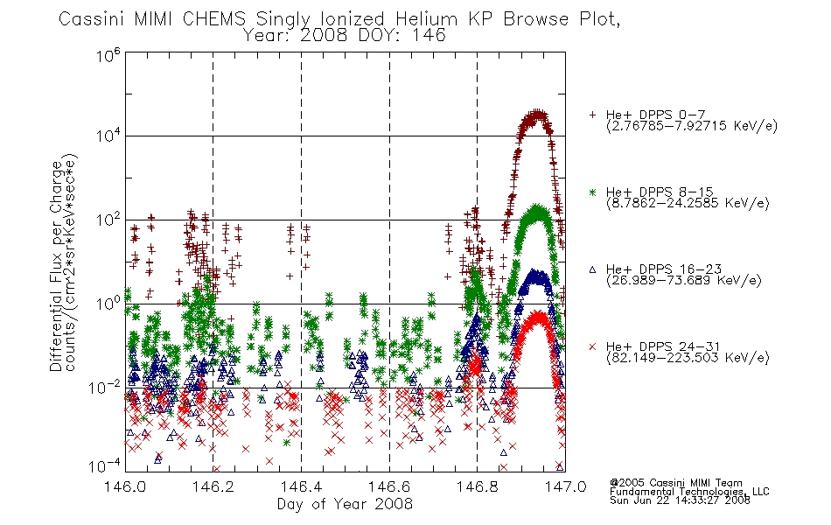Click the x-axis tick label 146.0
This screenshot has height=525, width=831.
click(124, 486)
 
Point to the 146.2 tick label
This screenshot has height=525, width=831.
click(213, 486)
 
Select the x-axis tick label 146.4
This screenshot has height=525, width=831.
click(301, 486)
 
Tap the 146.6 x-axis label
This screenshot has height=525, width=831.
click(388, 486)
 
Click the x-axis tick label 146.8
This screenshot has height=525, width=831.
click(477, 486)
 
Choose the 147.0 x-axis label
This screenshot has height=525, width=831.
click(565, 486)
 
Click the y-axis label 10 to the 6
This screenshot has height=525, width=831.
click(108, 55)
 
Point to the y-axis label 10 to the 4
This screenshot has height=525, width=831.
click(108, 136)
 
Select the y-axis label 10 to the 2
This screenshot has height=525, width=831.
click(108, 220)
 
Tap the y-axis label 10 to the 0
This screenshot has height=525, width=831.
click(108, 304)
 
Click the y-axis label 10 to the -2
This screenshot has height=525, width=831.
click(105, 388)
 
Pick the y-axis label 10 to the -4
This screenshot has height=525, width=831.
click(105, 466)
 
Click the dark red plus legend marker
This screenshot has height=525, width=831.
click(592, 115)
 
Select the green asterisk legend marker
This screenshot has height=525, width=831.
click(592, 192)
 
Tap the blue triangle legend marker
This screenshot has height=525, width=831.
click(592, 269)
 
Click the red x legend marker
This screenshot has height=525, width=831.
click(592, 346)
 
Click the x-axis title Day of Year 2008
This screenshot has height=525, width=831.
click(345, 504)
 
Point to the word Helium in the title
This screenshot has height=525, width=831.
click(426, 19)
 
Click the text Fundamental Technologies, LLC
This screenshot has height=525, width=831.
click(689, 492)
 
